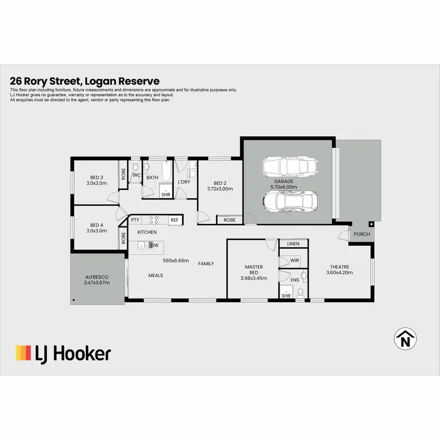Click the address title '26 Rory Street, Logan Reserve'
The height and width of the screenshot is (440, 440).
84,82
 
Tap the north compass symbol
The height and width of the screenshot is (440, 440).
404,339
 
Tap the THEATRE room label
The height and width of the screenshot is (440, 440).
338,270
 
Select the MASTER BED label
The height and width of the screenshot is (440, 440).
253,270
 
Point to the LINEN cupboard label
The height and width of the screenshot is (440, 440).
293,243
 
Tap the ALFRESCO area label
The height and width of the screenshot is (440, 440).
97,279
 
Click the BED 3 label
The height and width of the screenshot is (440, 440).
97,181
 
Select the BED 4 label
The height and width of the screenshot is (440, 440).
97,228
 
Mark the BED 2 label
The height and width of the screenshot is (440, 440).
220,185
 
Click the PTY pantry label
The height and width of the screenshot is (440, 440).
136,220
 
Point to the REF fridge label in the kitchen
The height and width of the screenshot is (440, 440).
174,220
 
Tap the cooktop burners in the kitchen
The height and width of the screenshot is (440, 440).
154,220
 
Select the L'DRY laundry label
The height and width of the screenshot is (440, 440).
184,182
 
